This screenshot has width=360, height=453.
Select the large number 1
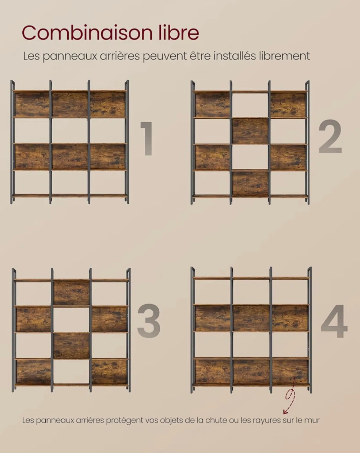(x=147, y=138)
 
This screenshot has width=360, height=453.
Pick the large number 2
(x=330, y=137)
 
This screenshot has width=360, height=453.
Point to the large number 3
(x=148, y=321)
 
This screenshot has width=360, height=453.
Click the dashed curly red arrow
(x=290, y=395)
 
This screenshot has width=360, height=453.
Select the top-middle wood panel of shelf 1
(x=70, y=104)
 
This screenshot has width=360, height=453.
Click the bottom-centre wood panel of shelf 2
(x=250, y=184)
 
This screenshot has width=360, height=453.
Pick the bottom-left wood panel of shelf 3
(x=34, y=372)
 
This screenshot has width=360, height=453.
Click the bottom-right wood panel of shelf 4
(x=290, y=372)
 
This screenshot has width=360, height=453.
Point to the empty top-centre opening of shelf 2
(x=250, y=105)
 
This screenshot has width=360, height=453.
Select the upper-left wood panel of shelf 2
(x=212, y=105)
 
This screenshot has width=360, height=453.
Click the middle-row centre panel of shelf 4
(x=251, y=318)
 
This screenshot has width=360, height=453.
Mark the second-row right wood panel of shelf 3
(x=109, y=319)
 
